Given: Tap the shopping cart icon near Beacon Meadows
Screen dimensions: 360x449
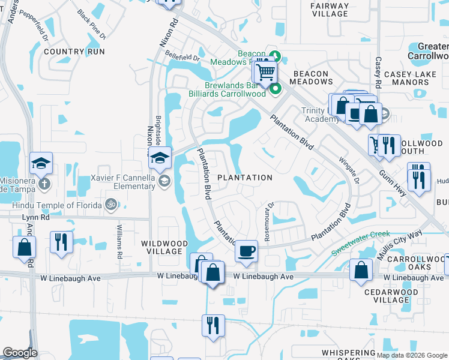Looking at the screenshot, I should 265,73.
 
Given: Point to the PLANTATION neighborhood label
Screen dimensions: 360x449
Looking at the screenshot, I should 244,178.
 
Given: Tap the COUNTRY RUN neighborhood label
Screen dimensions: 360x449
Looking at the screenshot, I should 74,52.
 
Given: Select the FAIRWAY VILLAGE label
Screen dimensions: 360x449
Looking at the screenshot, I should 330,10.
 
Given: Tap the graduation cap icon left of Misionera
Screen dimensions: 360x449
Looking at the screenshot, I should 41,163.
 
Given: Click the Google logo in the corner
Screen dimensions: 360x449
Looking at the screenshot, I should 20,353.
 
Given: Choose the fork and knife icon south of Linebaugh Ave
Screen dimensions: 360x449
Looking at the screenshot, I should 213,325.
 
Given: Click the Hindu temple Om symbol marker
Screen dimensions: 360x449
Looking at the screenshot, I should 110,205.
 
